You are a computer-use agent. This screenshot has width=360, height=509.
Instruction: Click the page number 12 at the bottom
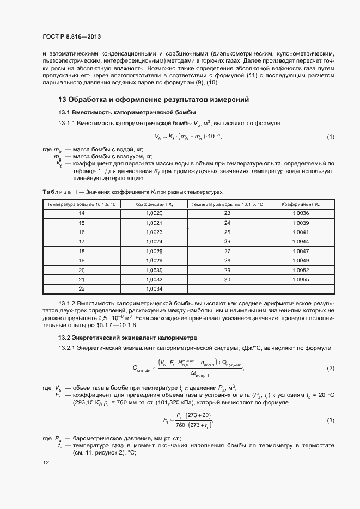tap(46, 463)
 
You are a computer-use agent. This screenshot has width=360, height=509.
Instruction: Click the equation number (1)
tap(330, 137)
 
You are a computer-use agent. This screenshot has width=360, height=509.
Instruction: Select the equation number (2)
tap(330, 369)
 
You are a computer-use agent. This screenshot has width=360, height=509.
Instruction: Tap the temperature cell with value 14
tap(82, 213)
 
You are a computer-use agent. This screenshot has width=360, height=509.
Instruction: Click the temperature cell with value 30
tap(228, 279)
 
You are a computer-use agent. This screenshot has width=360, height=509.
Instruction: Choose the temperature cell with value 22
tap(82, 289)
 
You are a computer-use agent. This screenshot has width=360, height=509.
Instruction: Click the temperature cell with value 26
tap(228, 242)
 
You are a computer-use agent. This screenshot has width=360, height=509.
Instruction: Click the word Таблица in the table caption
tap(57, 193)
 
